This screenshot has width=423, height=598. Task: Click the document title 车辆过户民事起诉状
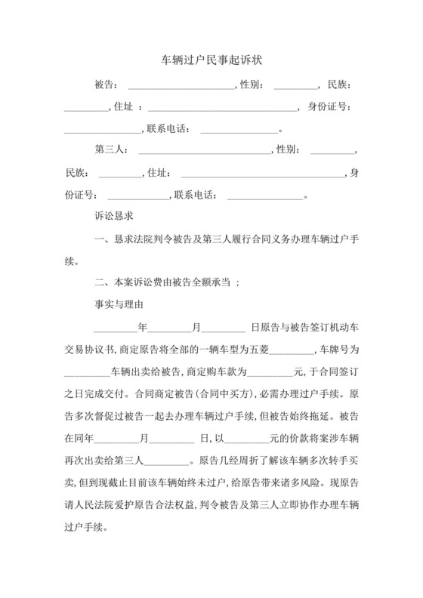point(211,58)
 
